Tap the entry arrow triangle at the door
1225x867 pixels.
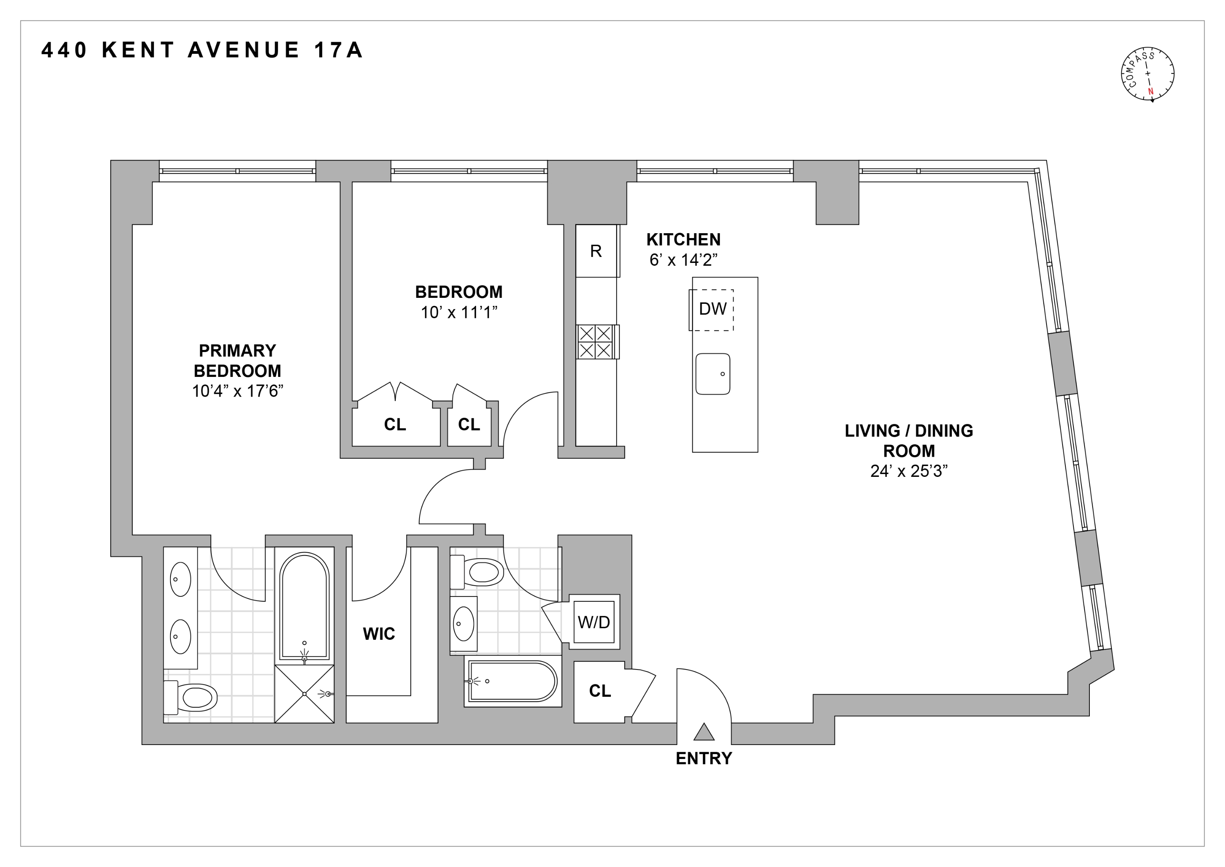(x=704, y=733)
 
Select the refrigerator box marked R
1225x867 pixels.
(x=596, y=251)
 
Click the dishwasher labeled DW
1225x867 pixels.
(x=712, y=309)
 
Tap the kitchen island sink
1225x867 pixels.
(x=712, y=374)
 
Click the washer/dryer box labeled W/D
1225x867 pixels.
(x=594, y=622)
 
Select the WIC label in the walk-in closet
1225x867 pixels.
(x=379, y=634)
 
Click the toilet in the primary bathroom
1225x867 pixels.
(x=192, y=697)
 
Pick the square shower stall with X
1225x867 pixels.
(x=304, y=694)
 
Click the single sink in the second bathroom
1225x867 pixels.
(x=463, y=623)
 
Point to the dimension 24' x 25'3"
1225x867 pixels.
(x=909, y=471)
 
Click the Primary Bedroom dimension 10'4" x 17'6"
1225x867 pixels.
(x=237, y=391)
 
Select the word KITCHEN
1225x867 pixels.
(x=683, y=239)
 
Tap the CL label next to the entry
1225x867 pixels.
(x=600, y=691)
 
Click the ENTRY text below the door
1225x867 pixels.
(x=704, y=759)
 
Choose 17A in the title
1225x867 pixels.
(x=338, y=50)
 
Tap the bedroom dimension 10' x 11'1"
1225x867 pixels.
(x=459, y=312)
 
